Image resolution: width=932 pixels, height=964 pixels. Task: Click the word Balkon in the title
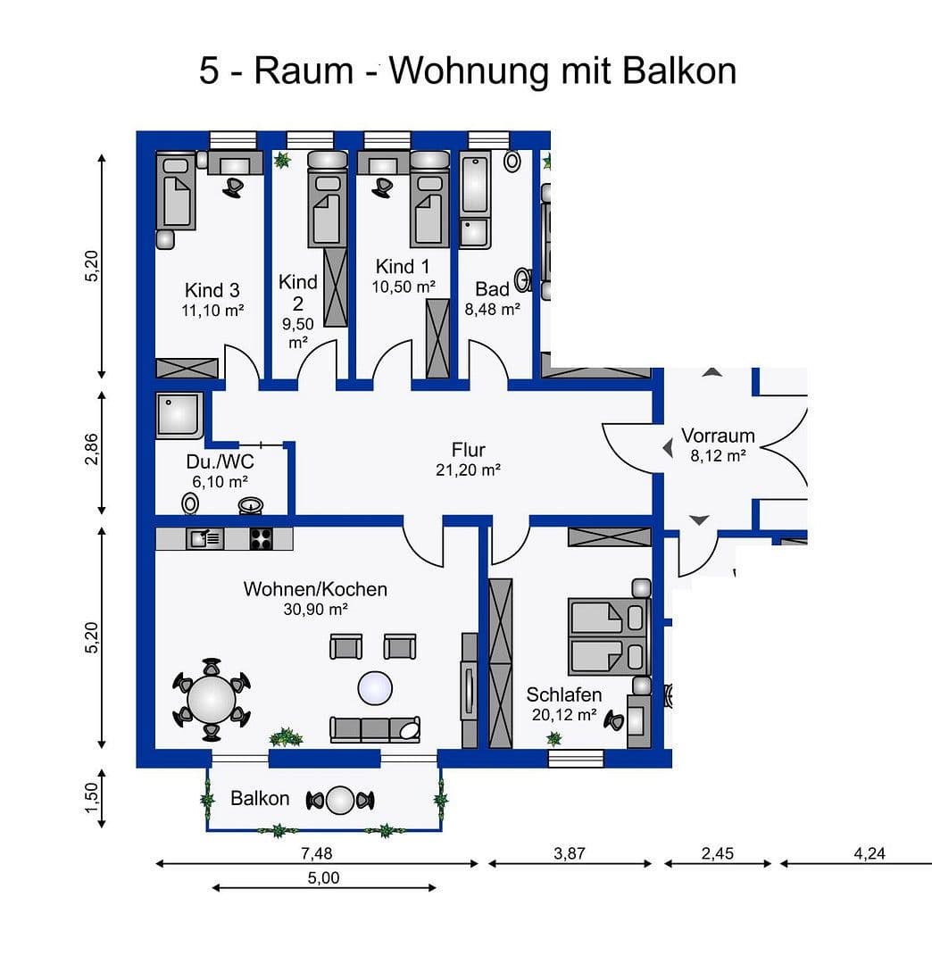coord(679,71)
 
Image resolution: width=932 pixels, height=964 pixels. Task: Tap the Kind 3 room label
coord(212,290)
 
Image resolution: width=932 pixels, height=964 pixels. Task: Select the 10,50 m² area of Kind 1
coord(404,287)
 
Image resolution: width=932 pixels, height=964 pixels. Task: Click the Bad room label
coord(492,288)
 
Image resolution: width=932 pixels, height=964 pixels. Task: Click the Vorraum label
coord(718,436)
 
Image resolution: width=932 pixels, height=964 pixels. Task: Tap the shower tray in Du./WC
coord(179,415)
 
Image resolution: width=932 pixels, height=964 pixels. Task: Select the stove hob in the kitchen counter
coord(261,538)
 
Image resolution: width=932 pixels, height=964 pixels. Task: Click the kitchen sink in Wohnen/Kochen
coord(204,538)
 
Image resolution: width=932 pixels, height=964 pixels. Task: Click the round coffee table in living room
coord(375,688)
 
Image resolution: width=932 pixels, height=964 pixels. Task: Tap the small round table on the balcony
coord(340,800)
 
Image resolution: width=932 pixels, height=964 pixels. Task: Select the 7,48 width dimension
coord(316,853)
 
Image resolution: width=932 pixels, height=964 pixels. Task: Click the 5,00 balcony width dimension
coord(323,877)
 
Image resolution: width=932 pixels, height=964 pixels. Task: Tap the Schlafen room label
coord(563,694)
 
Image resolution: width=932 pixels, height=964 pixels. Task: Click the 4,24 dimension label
coord(869,853)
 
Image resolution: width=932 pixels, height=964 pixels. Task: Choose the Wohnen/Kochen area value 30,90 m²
coord(315,609)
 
